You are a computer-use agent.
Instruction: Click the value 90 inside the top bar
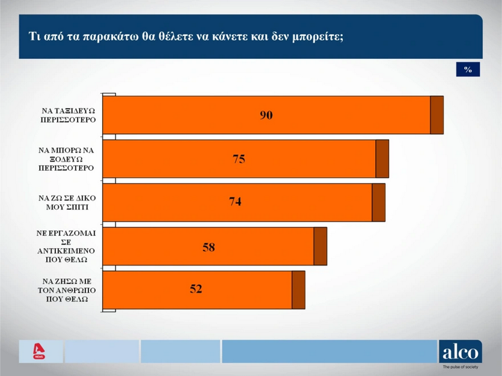pyautogui.click(x=266, y=115)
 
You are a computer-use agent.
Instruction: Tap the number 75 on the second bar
pyautogui.click(x=239, y=159)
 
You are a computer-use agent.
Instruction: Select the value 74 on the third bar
pyautogui.click(x=235, y=202)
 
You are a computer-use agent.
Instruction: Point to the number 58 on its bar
pyautogui.click(x=209, y=246)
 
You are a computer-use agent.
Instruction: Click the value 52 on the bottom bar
pyautogui.click(x=196, y=290)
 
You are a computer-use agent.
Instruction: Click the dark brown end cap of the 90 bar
pyautogui.click(x=437, y=115)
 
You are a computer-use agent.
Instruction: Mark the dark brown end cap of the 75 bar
pyautogui.click(x=382, y=159)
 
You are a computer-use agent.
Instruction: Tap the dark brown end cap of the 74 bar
pyautogui.click(x=379, y=202)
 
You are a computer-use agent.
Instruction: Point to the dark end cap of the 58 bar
pyautogui.click(x=320, y=246)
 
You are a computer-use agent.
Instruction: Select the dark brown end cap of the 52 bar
pyautogui.click(x=298, y=290)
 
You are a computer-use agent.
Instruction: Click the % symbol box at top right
pyautogui.click(x=468, y=70)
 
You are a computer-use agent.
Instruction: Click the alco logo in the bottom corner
pyautogui.click(x=460, y=351)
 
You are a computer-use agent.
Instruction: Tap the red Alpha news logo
pyautogui.click(x=40, y=351)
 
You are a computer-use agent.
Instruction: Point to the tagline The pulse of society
pyautogui.click(x=461, y=367)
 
